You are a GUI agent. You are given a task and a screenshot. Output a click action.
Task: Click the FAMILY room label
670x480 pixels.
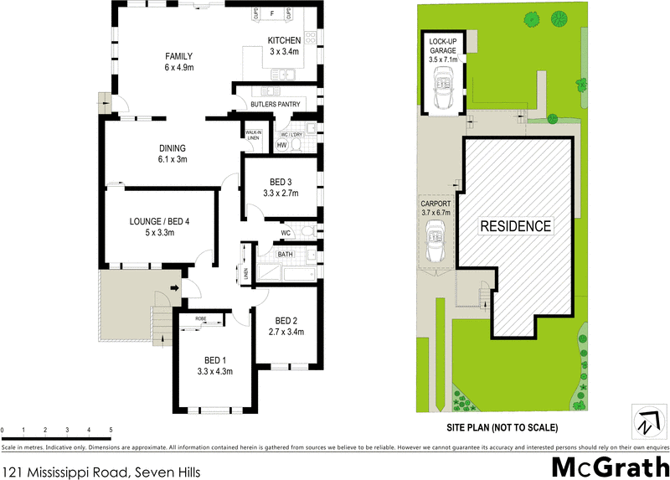pos(178,56)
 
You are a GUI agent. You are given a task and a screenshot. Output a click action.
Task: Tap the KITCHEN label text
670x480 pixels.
pos(283,42)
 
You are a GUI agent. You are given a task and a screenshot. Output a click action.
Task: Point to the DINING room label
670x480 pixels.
pos(171,148)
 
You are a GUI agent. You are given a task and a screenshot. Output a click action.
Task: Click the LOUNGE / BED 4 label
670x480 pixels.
pos(159,221)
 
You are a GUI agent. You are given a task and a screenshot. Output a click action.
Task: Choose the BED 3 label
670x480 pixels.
pos(281,182)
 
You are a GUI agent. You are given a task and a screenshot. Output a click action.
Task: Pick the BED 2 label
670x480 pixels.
pos(286,320)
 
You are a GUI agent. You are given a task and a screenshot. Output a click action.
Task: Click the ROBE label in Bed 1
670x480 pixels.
pos(201,319)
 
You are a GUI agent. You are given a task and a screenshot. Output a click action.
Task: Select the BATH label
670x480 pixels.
pos(286,254)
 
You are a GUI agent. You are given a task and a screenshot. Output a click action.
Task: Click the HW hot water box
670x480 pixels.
pos(281,145)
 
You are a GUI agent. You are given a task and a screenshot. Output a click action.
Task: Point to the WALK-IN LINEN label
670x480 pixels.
pos(254,135)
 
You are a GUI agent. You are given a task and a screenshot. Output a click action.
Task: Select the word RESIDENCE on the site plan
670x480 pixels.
pos(515,225)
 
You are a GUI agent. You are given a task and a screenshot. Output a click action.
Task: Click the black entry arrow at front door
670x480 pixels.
pos(174,290)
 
